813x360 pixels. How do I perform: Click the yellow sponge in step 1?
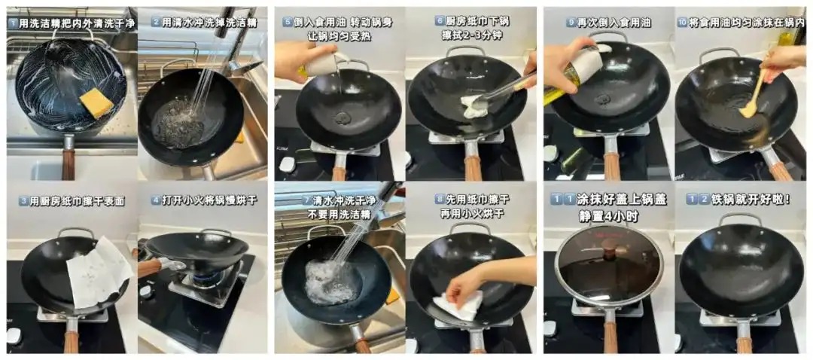(x=96, y=102)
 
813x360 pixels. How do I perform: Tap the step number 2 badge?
(x=155, y=22)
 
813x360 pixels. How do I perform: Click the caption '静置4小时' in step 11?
(x=609, y=216)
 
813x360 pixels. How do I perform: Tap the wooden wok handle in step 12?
(x=744, y=344)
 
